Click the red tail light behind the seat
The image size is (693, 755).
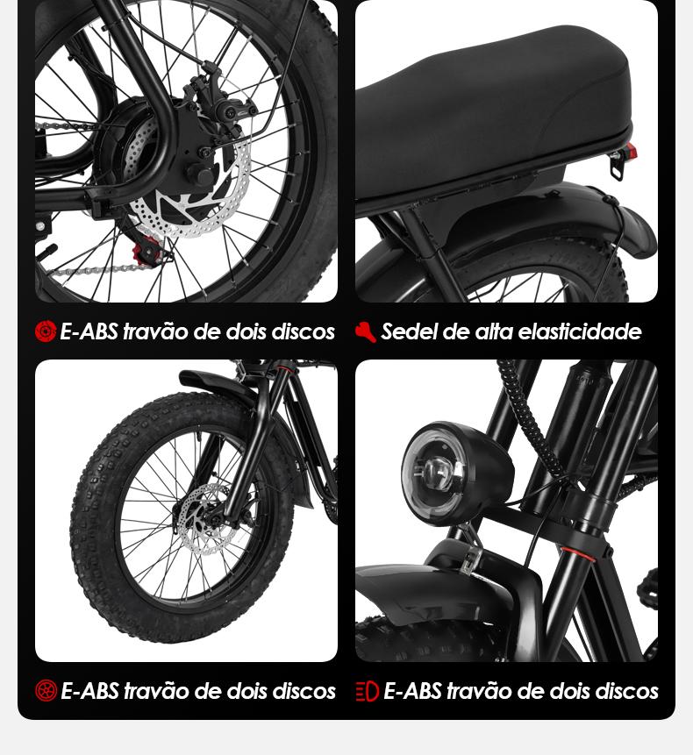pyautogui.click(x=632, y=151)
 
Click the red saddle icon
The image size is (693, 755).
pyautogui.click(x=366, y=331)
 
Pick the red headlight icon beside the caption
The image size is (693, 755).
pyautogui.click(x=367, y=692)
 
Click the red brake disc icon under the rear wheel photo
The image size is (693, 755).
pyautogui.click(x=46, y=331)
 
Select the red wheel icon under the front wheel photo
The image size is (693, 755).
pyautogui.click(x=46, y=691)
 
